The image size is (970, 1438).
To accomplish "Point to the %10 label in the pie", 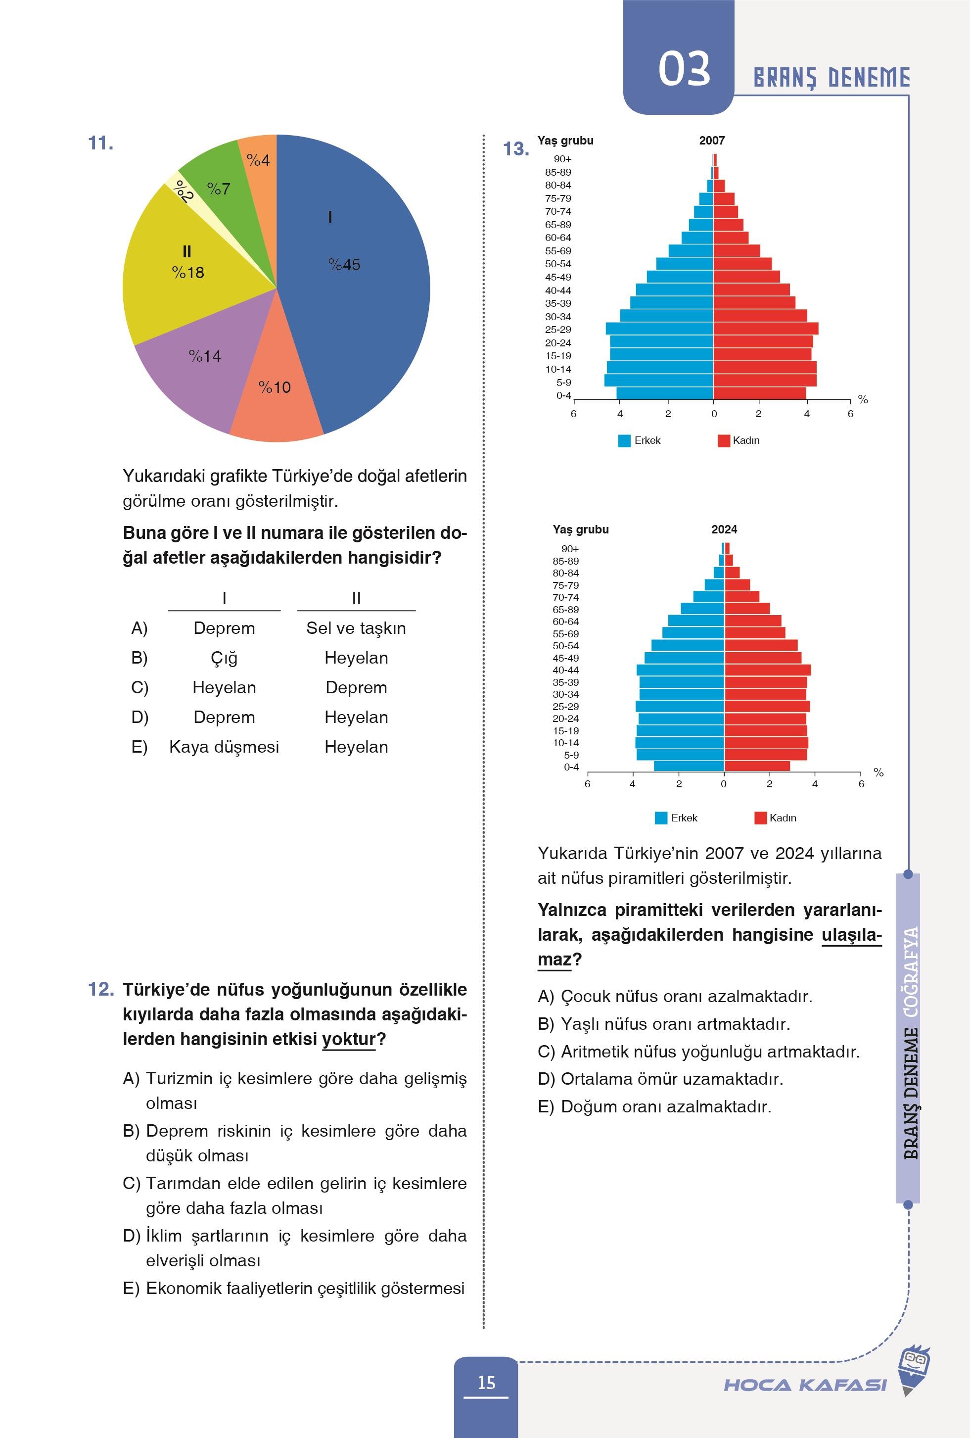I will [x=275, y=388].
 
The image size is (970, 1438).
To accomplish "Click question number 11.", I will [x=100, y=144].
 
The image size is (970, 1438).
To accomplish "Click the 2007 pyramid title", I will [x=711, y=141].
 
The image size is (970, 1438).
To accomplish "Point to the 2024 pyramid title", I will [x=724, y=529].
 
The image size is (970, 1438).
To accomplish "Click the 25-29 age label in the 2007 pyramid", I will [x=557, y=330].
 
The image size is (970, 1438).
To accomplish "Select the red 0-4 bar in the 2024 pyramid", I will [x=757, y=766].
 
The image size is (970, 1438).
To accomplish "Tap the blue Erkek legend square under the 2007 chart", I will [x=624, y=440].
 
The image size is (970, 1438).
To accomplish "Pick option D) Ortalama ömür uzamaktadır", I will [x=660, y=1079].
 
